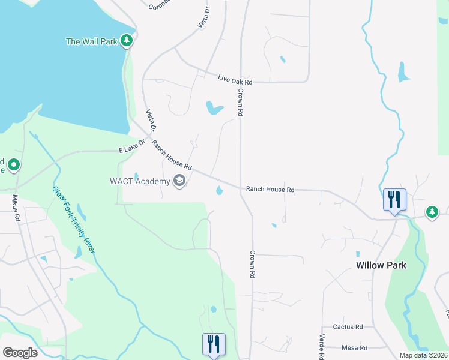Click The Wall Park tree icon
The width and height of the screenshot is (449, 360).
pyautogui.click(x=126, y=41)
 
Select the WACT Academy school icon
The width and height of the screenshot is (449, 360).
pyautogui.click(x=179, y=180)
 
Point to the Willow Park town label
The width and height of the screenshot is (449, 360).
pyautogui.click(x=381, y=265)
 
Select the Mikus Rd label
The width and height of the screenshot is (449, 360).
pyautogui.click(x=16, y=207)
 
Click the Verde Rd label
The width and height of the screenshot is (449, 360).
pyautogui.click(x=322, y=346)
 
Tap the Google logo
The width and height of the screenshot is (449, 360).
pyautogui.click(x=20, y=353)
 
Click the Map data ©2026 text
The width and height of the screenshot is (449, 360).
pyautogui.click(x=423, y=355)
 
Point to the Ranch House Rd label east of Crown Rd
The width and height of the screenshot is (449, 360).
pyautogui.click(x=270, y=190)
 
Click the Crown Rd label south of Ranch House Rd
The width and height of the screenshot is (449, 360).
pyautogui.click(x=253, y=264)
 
